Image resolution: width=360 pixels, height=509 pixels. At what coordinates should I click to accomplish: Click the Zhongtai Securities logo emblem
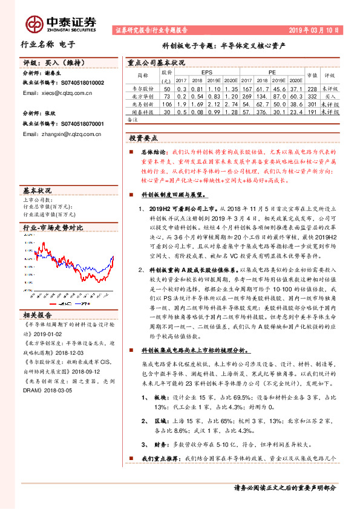(35, 24)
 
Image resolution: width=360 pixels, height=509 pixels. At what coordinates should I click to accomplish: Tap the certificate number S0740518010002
(71, 83)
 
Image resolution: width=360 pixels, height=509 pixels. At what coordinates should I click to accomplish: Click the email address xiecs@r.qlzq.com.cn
(57, 93)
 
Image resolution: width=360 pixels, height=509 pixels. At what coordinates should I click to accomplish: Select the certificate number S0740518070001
(71, 123)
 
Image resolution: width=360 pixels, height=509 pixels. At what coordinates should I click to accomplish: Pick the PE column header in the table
(270, 71)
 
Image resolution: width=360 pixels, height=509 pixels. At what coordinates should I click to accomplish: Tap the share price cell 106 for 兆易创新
(167, 105)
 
